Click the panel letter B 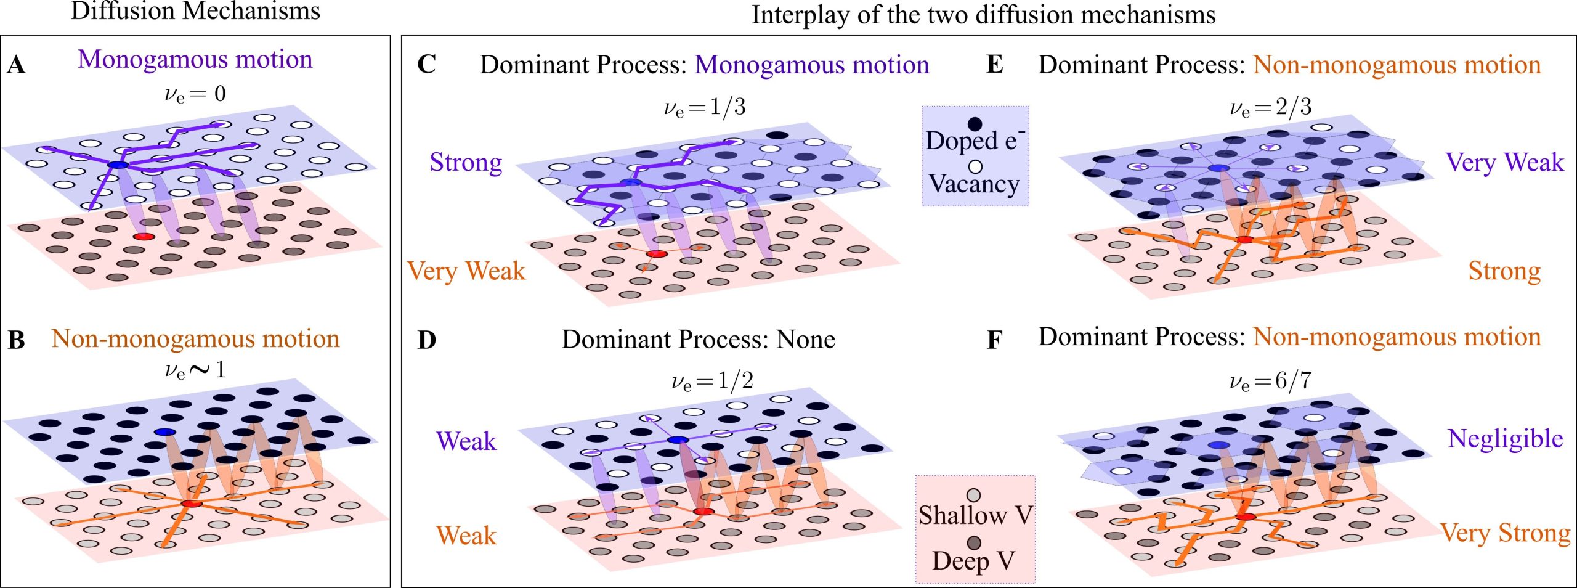click(16, 340)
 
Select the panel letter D click(426, 340)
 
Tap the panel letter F click(994, 340)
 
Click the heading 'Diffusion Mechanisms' click(195, 11)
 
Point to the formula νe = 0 click(195, 94)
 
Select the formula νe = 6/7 click(1270, 382)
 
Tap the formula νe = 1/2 click(711, 382)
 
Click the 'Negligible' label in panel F click(1505, 439)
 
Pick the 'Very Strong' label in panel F click(1505, 533)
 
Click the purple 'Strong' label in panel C click(466, 163)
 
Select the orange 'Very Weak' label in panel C click(466, 271)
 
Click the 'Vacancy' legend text click(974, 184)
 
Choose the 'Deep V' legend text click(973, 561)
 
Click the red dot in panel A click(144, 237)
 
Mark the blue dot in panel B click(165, 432)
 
